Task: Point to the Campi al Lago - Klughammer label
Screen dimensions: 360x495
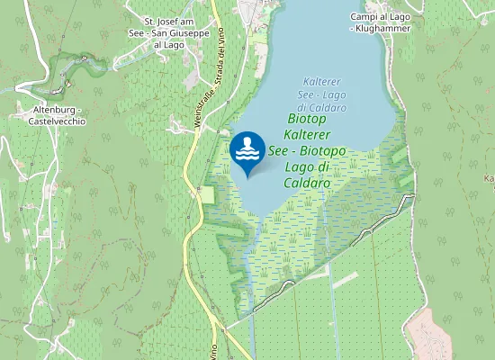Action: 380,22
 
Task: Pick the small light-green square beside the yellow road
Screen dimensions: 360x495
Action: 208,194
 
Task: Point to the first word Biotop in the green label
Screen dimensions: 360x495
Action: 306,118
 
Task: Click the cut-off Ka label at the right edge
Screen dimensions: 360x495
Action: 490,179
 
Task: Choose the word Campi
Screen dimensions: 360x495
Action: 364,16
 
